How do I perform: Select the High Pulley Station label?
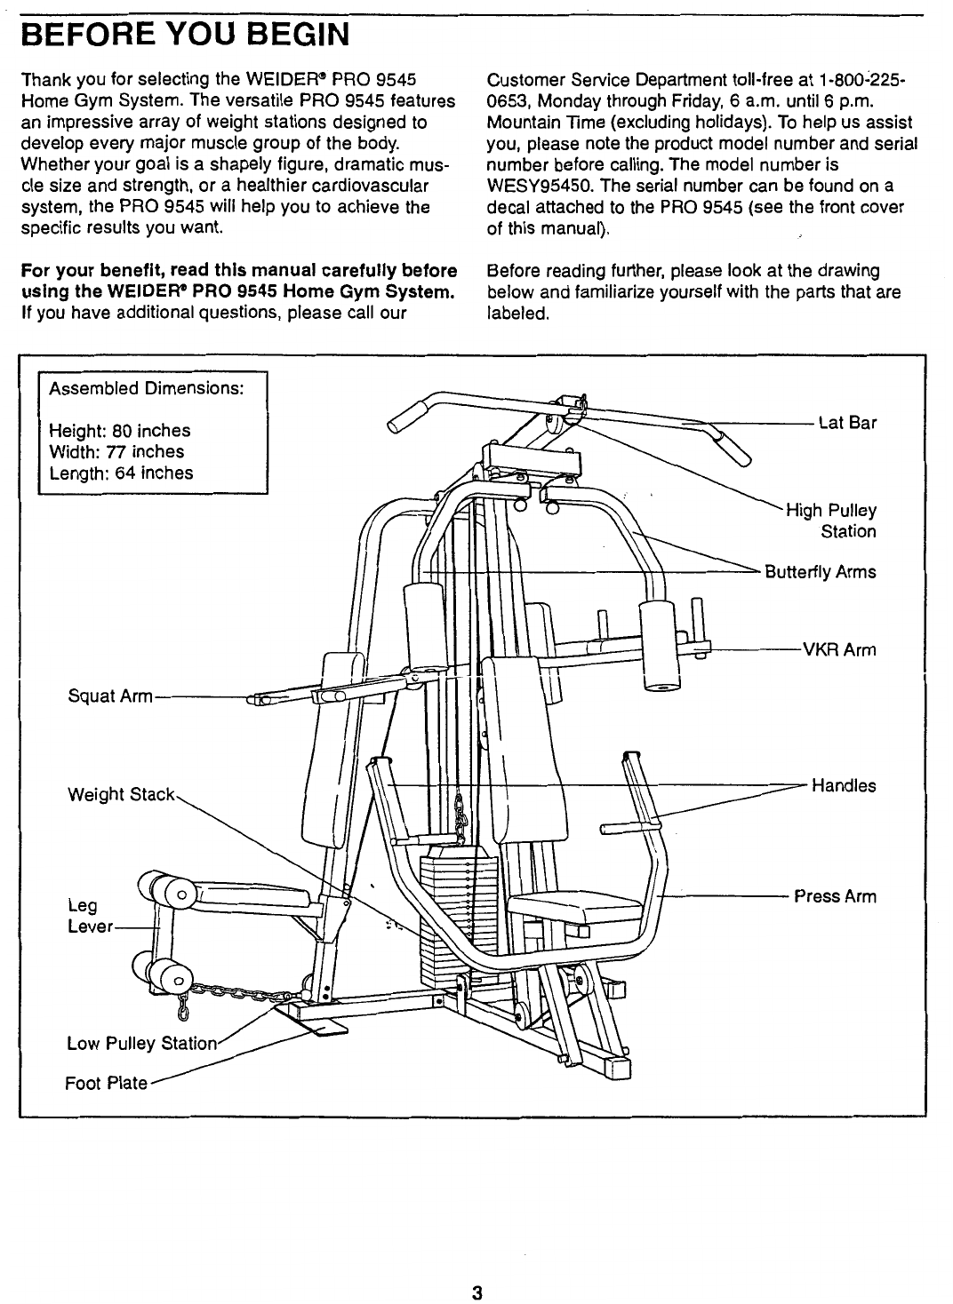point(831,521)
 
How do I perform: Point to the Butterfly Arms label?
point(821,571)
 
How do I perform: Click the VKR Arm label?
point(839,649)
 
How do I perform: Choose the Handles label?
point(843,785)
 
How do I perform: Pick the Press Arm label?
point(835,896)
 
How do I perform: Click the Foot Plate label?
point(106,1084)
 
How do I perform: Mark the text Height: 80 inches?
point(119,430)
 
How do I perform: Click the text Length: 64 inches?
point(121,473)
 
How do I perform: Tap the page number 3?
point(476,1292)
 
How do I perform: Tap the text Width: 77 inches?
point(116,451)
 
